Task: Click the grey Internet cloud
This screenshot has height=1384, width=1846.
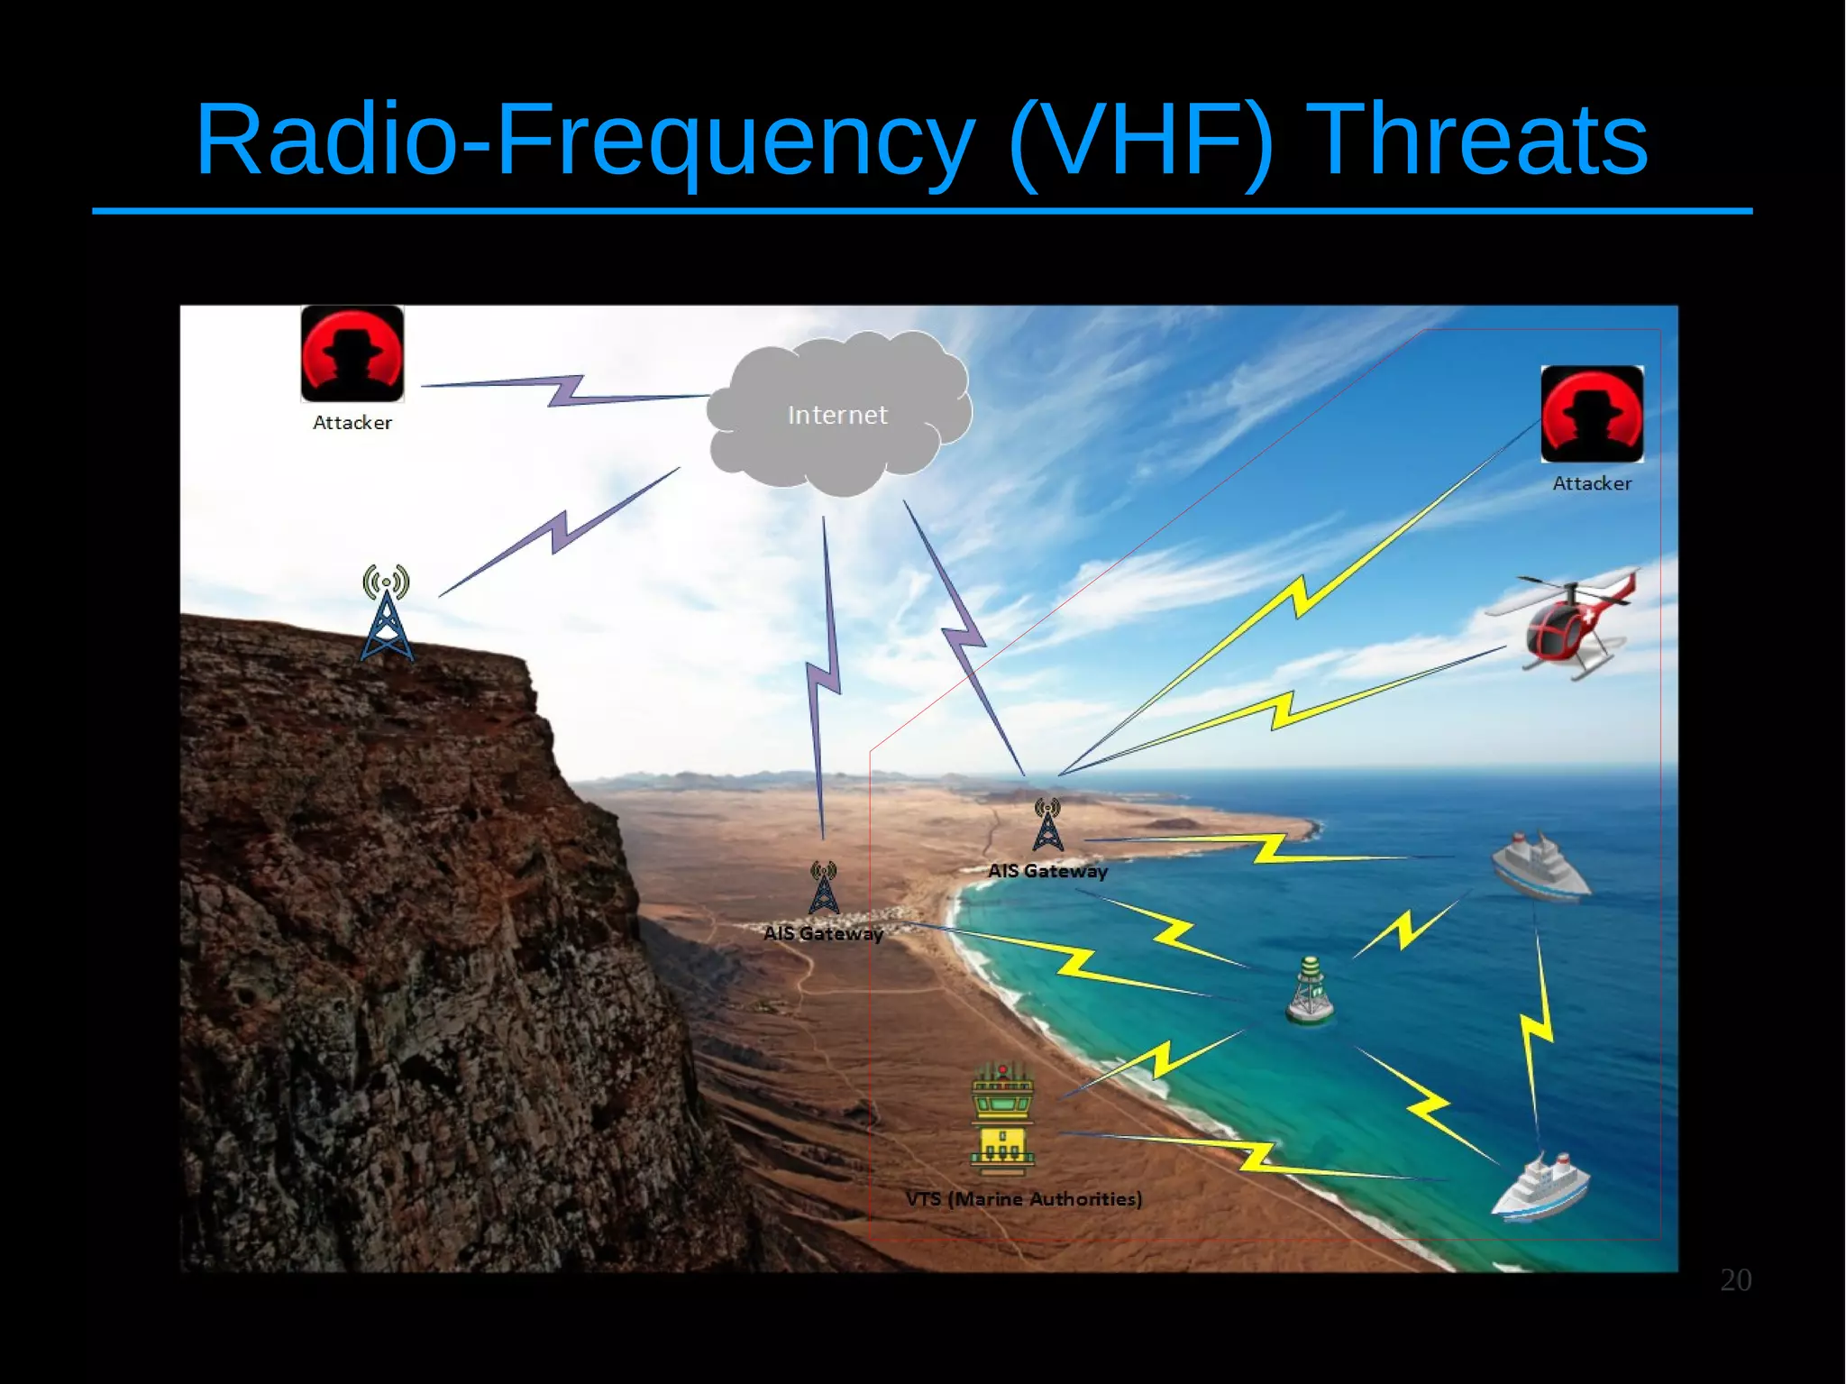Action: pos(838,414)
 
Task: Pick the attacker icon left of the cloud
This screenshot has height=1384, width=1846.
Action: pos(352,353)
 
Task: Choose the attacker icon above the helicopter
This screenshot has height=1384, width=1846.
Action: pos(1592,414)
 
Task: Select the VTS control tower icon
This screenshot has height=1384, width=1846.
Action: pos(1002,1121)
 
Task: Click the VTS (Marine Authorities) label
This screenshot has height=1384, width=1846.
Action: pos(1024,1199)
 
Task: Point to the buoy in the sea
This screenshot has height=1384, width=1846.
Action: pos(1311,992)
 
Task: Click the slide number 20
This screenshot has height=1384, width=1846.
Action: pos(1735,1280)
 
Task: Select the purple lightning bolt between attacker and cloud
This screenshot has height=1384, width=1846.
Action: pos(566,390)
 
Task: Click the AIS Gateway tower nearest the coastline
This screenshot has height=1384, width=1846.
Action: pos(1047,825)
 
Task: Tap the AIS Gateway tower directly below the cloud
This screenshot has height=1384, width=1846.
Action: pos(823,888)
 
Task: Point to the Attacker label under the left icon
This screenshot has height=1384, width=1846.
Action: pos(352,423)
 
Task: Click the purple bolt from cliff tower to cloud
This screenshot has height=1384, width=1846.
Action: pos(560,532)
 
